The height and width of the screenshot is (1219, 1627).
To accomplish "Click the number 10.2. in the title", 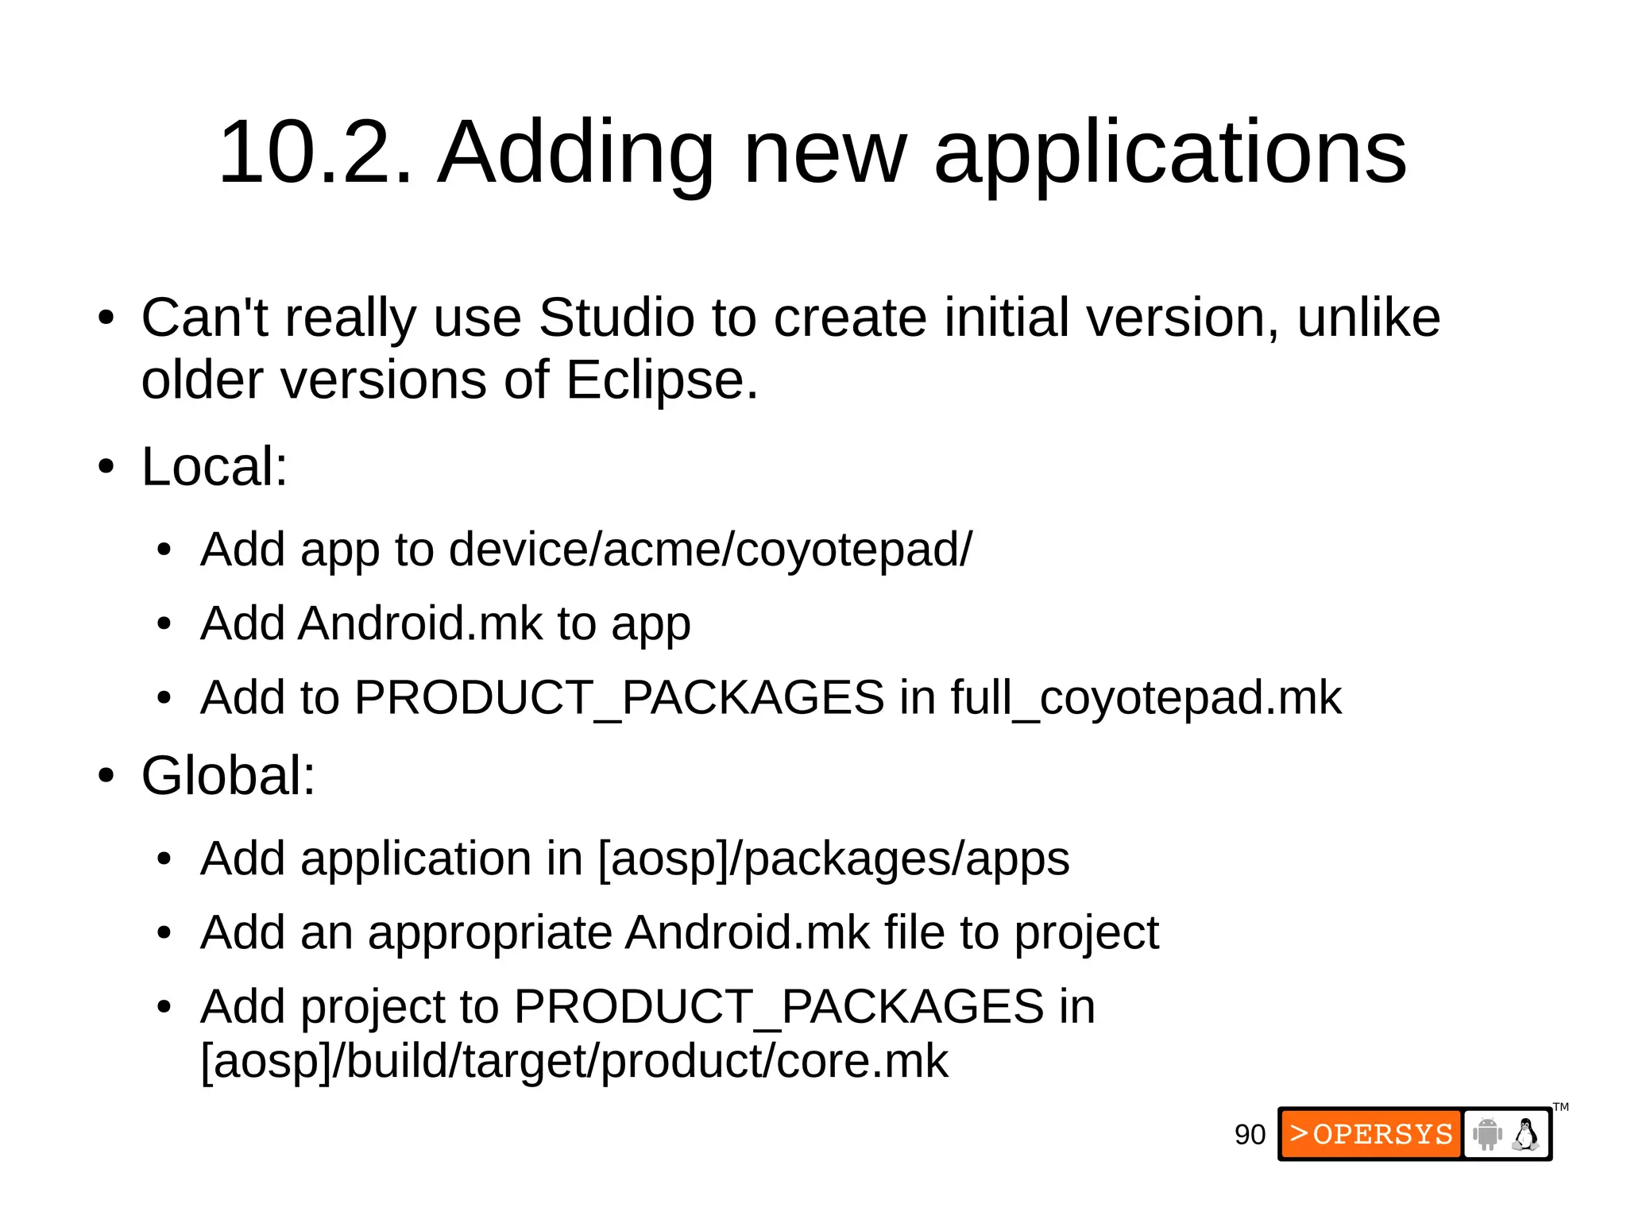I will pos(315,152).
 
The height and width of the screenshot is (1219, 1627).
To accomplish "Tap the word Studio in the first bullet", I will pos(616,318).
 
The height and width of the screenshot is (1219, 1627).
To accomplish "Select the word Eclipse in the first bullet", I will pos(661,380).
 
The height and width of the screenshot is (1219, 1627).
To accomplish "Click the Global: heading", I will pos(228,775).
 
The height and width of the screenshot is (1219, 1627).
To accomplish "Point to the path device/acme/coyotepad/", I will pos(709,550).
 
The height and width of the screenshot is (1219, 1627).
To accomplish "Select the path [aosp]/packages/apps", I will pos(833,858).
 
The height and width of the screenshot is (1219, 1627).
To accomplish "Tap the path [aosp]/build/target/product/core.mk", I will pos(574,1061).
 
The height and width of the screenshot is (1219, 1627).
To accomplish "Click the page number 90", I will pos(1250,1135).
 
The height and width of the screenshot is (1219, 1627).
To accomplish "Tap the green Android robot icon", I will pos(1486,1134).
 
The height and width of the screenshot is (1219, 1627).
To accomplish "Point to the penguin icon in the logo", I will pos(1525,1134).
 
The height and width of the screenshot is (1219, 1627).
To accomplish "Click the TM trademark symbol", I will pos(1561,1107).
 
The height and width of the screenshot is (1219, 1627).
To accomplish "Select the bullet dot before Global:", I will pos(106,776).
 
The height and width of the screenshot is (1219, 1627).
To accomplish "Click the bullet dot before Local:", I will pos(106,467).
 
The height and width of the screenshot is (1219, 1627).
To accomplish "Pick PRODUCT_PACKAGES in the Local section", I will pos(619,698).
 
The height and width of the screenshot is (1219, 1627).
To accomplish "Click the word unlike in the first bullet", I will pos(1368,318).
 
